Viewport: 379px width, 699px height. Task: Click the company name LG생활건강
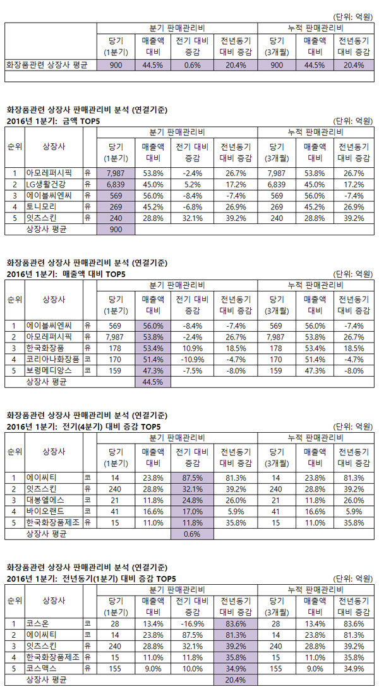[x=46, y=184]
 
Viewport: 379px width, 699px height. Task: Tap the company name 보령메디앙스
[x=49, y=370]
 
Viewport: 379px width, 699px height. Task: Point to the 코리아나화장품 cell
[x=52, y=359]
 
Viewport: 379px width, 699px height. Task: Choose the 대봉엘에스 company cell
[x=46, y=500]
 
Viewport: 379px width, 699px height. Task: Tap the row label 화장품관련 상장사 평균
[x=47, y=64]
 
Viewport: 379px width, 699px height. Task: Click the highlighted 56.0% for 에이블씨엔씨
[x=152, y=326]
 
